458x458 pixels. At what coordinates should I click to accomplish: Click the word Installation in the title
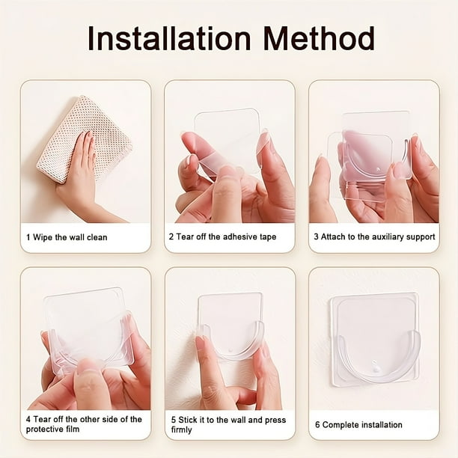pyautogui.click(x=169, y=38)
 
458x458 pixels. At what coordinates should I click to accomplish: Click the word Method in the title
pyautogui.click(x=319, y=38)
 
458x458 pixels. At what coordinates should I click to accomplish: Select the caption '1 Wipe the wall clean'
pyautogui.click(x=67, y=237)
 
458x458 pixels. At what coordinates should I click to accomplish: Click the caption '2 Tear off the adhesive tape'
pyautogui.click(x=222, y=236)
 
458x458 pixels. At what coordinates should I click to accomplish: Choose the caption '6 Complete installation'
pyautogui.click(x=358, y=425)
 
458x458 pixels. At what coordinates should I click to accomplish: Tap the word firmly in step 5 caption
pyautogui.click(x=181, y=430)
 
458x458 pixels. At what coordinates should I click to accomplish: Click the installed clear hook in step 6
pyautogui.click(x=376, y=339)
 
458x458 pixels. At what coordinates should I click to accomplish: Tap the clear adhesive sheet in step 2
pyautogui.click(x=228, y=140)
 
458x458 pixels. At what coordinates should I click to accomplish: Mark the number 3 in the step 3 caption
pyautogui.click(x=316, y=236)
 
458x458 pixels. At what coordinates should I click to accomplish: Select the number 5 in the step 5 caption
pyautogui.click(x=174, y=420)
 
